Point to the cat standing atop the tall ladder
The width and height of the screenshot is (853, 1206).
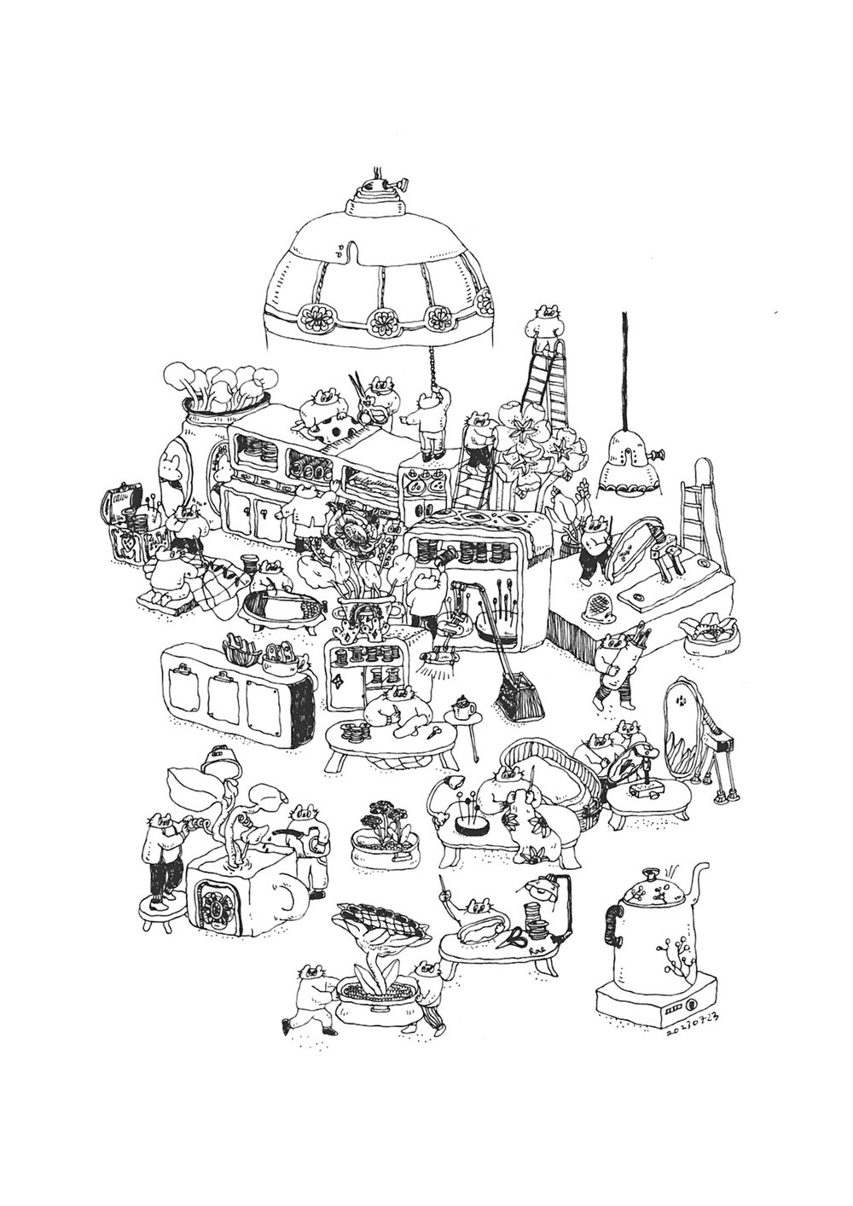coord(546,320)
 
